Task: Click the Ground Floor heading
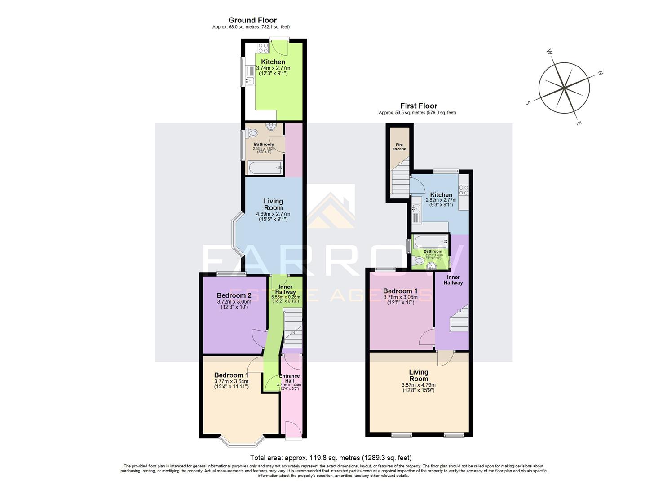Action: pos(252,20)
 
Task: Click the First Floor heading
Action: pos(419,106)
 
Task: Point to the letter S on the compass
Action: pos(528,103)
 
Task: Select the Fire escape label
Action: pos(399,147)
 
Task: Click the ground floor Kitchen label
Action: pos(273,62)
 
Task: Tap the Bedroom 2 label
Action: pos(234,295)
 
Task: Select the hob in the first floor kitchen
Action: pos(463,190)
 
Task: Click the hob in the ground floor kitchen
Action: pos(263,48)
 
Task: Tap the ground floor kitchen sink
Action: pos(249,81)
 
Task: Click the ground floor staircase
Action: pos(292,328)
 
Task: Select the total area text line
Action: pos(331,458)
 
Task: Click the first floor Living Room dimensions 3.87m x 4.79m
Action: pos(418,385)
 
